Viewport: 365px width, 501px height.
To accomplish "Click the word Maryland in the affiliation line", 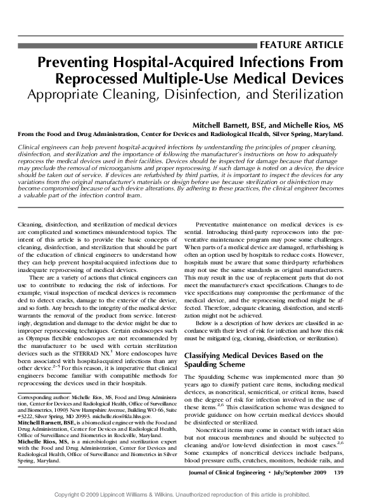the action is [x=326, y=134].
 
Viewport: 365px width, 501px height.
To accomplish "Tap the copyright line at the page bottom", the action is [x=182, y=493].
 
